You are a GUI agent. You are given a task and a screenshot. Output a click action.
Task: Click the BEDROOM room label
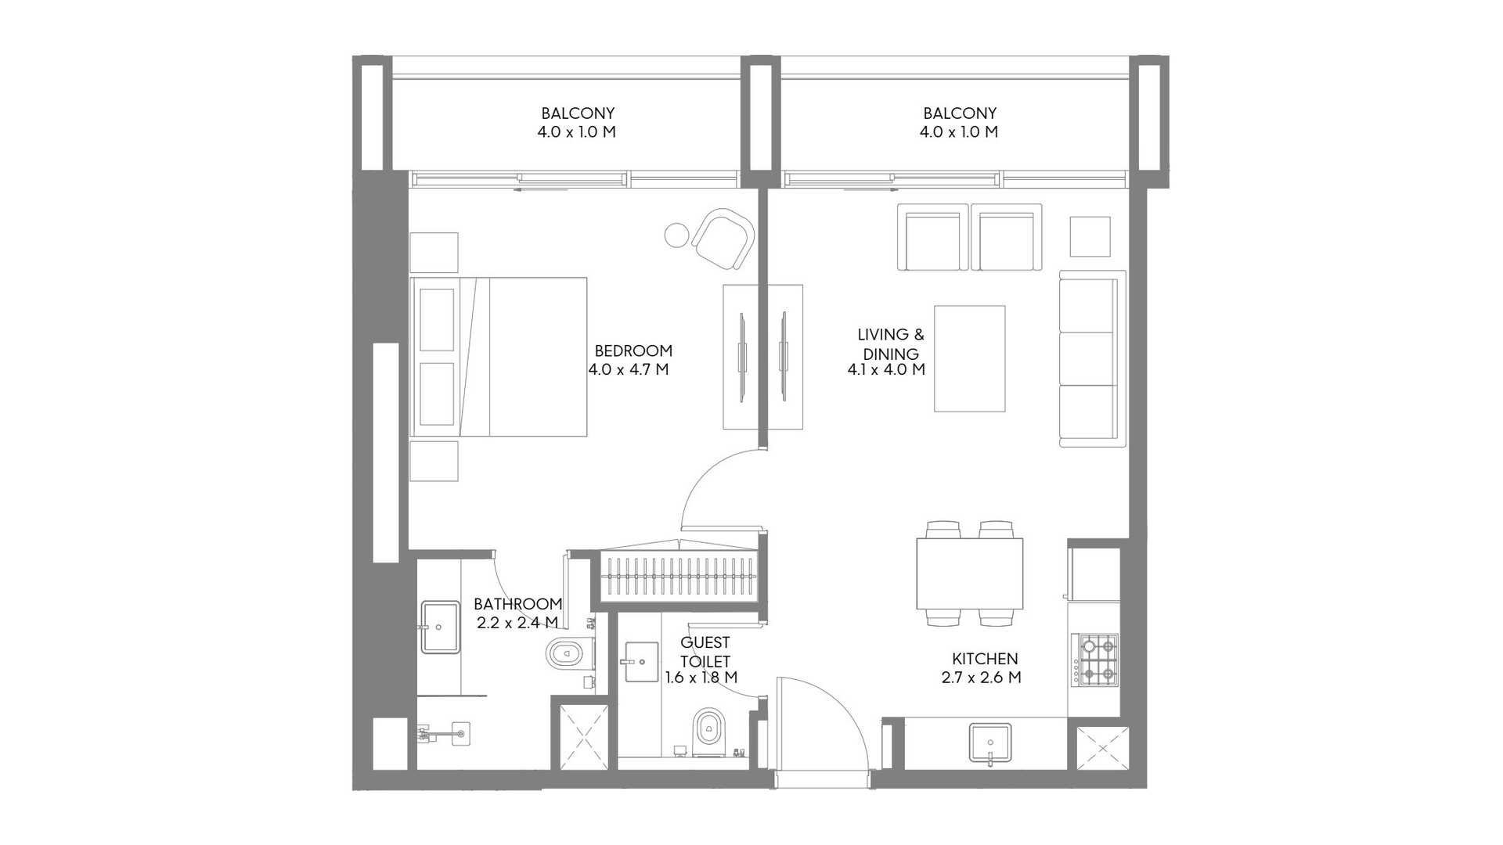[633, 351]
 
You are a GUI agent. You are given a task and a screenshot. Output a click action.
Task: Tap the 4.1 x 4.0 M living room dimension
[886, 369]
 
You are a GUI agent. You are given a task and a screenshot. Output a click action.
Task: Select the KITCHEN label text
[985, 659]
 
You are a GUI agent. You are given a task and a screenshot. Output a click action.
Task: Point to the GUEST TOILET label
[705, 652]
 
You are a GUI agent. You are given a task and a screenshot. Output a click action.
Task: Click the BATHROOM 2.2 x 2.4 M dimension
[517, 623]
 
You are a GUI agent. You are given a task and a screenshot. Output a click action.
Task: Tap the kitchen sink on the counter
[990, 742]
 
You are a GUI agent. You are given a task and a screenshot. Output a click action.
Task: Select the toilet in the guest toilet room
[709, 732]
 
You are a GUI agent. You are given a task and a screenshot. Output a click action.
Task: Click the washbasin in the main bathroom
[440, 627]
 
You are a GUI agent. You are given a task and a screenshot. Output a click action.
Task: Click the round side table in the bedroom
[676, 234]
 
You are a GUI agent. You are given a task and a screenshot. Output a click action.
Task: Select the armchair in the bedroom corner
[723, 239]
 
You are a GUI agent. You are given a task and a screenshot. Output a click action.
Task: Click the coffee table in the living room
[970, 358]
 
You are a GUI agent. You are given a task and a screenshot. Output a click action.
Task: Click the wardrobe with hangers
[679, 576]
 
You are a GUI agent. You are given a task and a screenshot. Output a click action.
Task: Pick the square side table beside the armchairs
[1090, 236]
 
